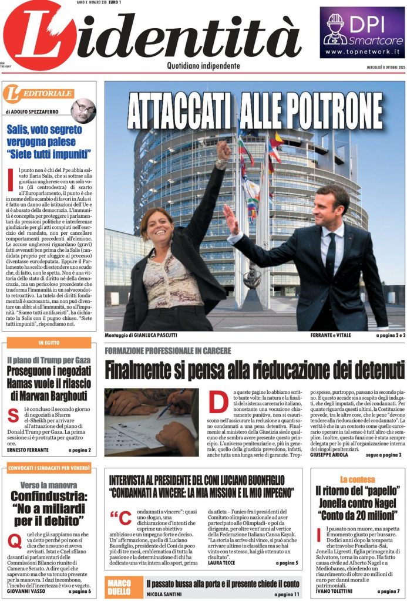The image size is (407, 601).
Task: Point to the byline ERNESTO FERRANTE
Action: coord(29,450)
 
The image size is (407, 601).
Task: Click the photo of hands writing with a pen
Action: coord(152,421)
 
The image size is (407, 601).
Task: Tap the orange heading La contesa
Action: coord(357,479)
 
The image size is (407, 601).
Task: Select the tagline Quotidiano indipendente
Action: coord(203,66)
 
